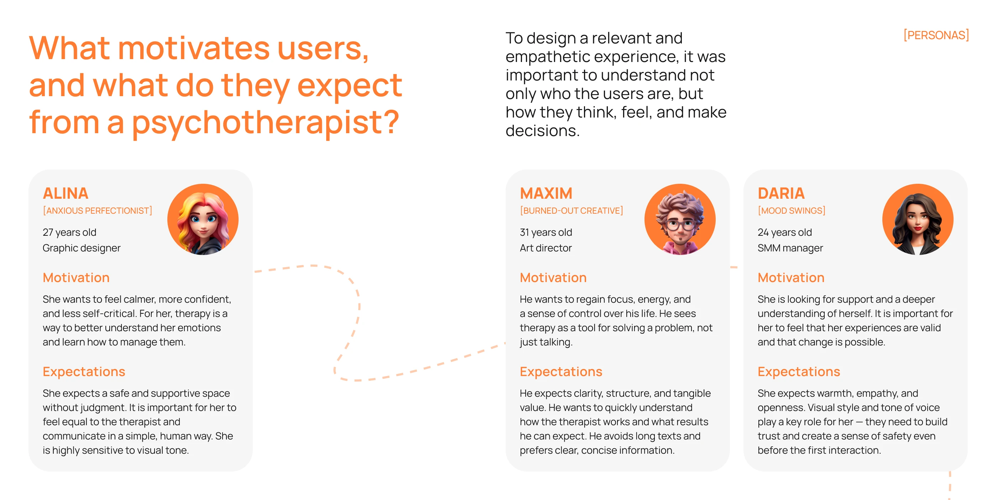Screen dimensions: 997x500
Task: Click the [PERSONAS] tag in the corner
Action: click(x=936, y=35)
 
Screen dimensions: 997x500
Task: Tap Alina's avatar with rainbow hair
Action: click(x=203, y=219)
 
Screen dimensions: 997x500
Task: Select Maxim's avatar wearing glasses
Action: click(x=680, y=219)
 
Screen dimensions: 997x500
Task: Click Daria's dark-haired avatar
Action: click(x=918, y=219)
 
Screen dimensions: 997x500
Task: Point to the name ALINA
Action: click(x=66, y=193)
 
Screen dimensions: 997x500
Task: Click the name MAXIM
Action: click(x=546, y=193)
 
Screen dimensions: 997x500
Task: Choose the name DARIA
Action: click(x=781, y=193)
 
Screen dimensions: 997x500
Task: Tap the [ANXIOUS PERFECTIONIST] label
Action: click(x=98, y=210)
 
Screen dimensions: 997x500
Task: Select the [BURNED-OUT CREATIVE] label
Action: click(x=571, y=210)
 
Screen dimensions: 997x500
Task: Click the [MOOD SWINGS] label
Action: click(x=792, y=210)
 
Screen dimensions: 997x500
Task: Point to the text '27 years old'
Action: click(x=70, y=232)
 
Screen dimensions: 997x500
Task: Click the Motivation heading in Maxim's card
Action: click(x=553, y=277)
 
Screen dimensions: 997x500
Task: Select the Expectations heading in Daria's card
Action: click(x=799, y=371)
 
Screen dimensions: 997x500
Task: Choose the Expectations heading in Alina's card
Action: click(x=84, y=371)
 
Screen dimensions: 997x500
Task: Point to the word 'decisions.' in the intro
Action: click(x=543, y=131)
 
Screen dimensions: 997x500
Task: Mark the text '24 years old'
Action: click(x=785, y=232)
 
